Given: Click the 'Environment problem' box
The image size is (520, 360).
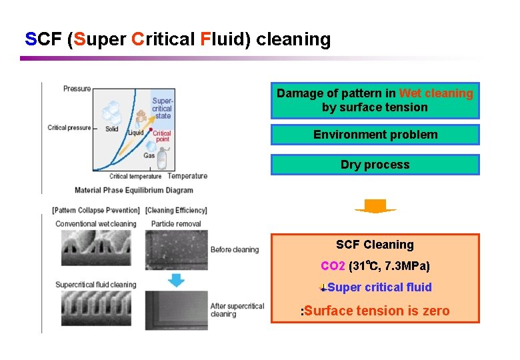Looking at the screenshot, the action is click(x=375, y=135).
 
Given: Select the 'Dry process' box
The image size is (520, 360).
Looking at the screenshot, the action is click(x=375, y=165).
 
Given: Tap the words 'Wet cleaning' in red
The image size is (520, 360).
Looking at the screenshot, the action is click(x=436, y=93).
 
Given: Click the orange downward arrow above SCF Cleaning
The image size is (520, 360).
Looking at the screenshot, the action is click(x=375, y=207).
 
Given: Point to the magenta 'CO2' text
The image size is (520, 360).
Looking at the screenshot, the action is click(x=333, y=266).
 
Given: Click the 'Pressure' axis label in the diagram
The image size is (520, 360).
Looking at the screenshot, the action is click(x=77, y=89).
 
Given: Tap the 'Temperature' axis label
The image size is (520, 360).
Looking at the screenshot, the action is click(x=187, y=176).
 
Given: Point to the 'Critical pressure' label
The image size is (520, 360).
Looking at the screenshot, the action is click(x=69, y=127).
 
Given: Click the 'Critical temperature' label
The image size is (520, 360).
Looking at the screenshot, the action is click(x=135, y=177).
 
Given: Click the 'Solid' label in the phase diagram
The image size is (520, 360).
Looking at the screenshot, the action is click(x=112, y=129).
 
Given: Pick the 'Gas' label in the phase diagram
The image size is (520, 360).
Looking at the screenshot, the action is click(x=149, y=155).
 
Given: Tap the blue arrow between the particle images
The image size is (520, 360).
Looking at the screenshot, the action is click(x=176, y=280).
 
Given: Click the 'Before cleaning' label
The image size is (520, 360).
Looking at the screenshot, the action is click(x=234, y=250).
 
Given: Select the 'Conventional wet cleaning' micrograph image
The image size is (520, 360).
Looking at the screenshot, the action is click(x=96, y=249).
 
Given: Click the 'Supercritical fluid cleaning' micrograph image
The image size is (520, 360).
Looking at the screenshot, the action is click(x=96, y=310).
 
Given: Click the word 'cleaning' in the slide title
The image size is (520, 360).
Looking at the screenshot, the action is click(x=293, y=40).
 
